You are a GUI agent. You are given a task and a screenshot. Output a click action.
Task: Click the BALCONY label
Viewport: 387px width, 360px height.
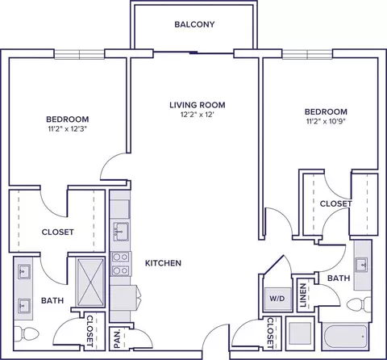[194, 24]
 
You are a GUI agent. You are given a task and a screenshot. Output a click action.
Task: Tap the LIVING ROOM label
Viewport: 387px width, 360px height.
[198, 105]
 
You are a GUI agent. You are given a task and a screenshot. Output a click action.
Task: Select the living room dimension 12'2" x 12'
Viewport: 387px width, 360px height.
[198, 115]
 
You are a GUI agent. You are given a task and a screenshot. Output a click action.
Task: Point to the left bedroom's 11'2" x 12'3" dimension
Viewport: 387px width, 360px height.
[69, 129]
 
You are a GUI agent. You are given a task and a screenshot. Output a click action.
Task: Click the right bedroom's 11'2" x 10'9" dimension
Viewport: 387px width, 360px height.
[326, 121]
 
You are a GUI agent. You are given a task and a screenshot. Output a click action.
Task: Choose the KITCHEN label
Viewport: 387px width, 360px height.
[163, 263]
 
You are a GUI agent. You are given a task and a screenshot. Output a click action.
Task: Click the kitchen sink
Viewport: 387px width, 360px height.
[121, 232]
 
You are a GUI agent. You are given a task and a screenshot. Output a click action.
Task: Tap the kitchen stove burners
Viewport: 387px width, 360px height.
[120, 264]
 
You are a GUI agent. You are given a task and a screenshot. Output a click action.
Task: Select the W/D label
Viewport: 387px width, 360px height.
[277, 299]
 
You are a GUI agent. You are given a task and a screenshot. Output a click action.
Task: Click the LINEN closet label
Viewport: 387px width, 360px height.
[303, 295]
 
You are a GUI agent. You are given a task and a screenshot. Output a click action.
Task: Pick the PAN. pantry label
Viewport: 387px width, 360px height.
[117, 339]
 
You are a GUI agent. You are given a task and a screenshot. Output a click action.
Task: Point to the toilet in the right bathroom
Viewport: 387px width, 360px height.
[359, 304]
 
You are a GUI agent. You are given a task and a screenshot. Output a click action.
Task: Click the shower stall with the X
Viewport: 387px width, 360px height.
[90, 283]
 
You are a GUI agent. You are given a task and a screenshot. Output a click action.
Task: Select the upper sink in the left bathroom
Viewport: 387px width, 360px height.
[23, 271]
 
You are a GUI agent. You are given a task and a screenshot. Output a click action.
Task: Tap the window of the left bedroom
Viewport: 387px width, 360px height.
[79, 54]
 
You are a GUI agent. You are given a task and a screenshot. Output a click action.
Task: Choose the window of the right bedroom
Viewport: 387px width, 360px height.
[307, 54]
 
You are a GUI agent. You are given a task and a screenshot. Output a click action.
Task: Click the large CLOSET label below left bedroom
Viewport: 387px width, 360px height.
[57, 232]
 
